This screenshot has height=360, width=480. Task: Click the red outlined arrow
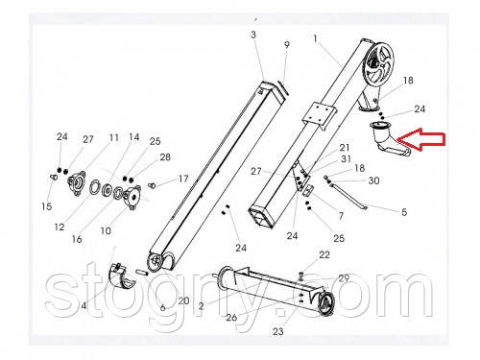coord(420,139)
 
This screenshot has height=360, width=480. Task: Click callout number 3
coord(253,35)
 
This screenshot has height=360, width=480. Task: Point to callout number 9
coord(287,45)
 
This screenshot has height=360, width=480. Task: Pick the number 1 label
coord(315,38)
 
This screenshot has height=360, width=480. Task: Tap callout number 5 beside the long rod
coord(404,212)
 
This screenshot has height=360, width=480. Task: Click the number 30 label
coord(373,180)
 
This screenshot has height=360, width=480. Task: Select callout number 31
coord(346,158)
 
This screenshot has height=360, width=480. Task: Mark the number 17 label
coord(183,179)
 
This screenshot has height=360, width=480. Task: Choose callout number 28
coord(165,157)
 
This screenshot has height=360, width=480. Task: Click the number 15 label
coord(47,206)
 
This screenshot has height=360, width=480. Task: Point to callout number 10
coord(106,230)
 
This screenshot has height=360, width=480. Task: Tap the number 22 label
coord(324,254)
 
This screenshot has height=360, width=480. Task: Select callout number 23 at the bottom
coord(277,331)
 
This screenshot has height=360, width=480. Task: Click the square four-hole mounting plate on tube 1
coord(319,115)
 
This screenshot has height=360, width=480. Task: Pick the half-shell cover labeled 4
coord(122,276)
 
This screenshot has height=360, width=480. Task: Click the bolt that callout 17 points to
coord(152,185)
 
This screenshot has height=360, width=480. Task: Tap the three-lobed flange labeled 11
coord(77,183)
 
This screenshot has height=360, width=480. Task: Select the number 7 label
coord(341,216)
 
